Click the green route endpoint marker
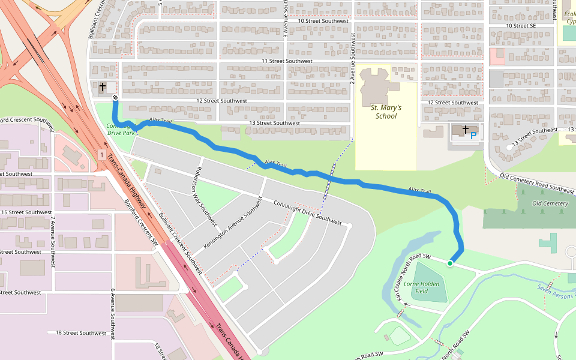pos(450,263)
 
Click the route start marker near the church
pos(115,97)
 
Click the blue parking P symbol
pos(473,136)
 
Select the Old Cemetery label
pos(550,203)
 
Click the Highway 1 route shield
pos(103,155)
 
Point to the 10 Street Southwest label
pos(323,21)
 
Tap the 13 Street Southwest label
pos(274,123)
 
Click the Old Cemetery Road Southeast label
pos(538,182)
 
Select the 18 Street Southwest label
pos(80,332)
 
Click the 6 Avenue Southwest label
pos(112,313)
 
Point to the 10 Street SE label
pos(521,26)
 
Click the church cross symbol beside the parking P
pos(465,129)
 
